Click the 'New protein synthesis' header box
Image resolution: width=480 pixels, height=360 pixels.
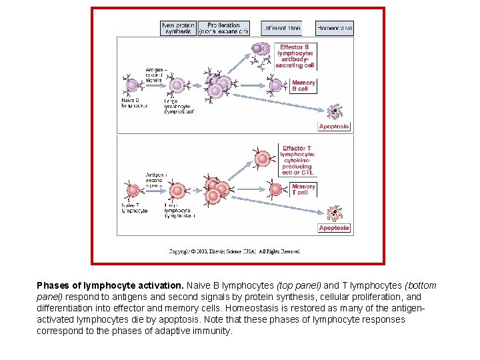(x=178, y=28)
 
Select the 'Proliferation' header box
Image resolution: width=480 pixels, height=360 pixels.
(x=223, y=28)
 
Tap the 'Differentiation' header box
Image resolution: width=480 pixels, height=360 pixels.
(x=281, y=28)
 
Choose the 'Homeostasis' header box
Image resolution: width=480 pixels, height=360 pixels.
(x=334, y=28)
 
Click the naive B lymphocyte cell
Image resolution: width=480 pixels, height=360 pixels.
(x=131, y=85)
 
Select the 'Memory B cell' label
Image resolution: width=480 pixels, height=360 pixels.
(x=303, y=85)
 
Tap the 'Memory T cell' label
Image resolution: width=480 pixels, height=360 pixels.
(x=303, y=189)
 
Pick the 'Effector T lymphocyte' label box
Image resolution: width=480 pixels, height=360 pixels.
(x=297, y=160)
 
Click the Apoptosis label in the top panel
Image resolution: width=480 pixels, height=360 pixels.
(x=334, y=127)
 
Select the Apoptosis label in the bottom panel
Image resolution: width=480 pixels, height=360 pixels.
(x=334, y=228)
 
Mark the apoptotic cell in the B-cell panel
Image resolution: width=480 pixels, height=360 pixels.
(x=333, y=111)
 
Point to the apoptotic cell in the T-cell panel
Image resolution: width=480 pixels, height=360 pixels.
(x=333, y=213)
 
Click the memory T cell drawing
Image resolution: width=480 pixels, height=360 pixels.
(x=277, y=189)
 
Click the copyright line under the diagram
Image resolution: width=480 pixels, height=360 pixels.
(x=234, y=251)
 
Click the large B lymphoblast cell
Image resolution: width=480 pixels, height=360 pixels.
(x=177, y=85)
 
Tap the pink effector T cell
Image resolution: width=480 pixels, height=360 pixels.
(x=262, y=159)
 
